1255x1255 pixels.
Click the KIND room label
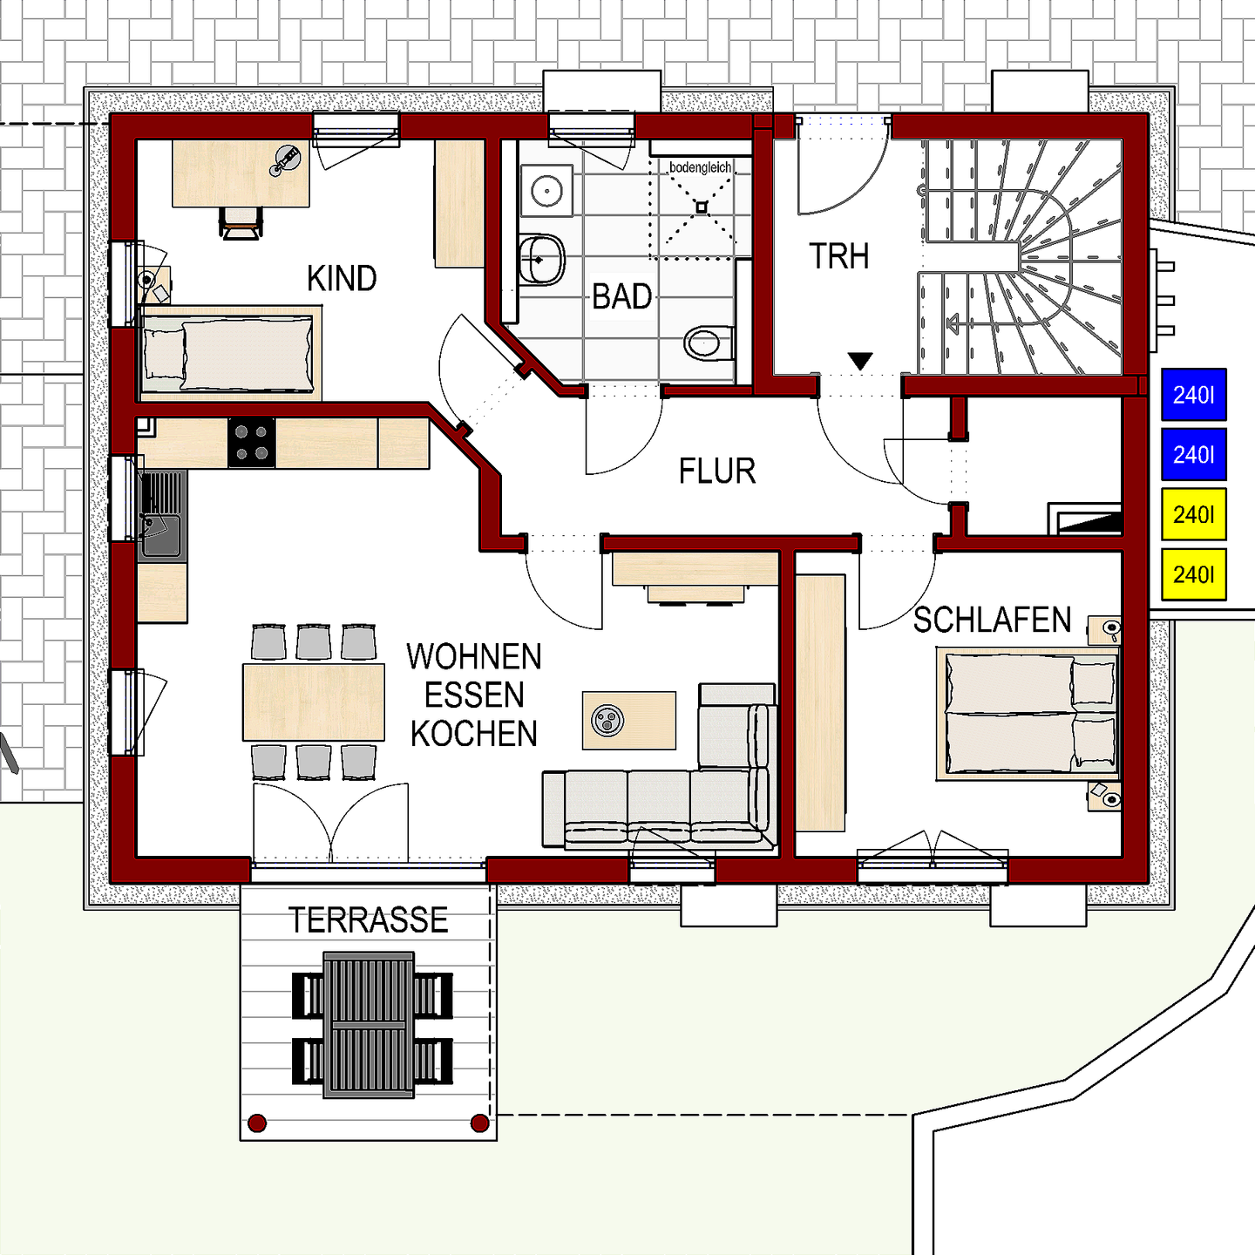[342, 279]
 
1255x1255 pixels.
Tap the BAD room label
[622, 297]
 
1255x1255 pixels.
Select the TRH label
[838, 257]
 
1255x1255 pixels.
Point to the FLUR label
[716, 471]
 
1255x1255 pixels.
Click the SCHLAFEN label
[992, 621]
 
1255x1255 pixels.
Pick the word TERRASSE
[368, 920]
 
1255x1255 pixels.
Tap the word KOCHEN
[474, 735]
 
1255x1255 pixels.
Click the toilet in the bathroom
[706, 343]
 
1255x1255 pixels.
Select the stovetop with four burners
[252, 443]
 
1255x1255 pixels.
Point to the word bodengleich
[700, 167]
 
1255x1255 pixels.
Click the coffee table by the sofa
[628, 720]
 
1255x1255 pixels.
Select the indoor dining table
[314, 702]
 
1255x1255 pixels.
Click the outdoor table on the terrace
[369, 1024]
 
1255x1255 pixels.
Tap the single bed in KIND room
[228, 353]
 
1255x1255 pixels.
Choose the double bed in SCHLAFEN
[1028, 714]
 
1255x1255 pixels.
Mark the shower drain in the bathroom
[702, 207]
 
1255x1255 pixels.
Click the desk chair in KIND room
[241, 221]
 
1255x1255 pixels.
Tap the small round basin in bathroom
[546, 191]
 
